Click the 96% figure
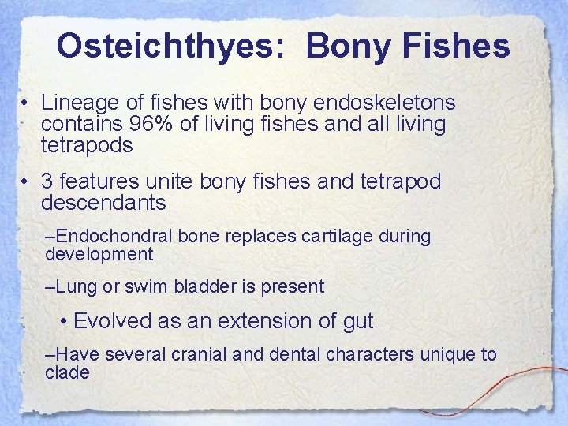click(160, 124)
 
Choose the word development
click(99, 254)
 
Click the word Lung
click(77, 286)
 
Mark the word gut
click(357, 321)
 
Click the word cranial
click(196, 354)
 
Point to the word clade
click(68, 372)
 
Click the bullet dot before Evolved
click(65, 322)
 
